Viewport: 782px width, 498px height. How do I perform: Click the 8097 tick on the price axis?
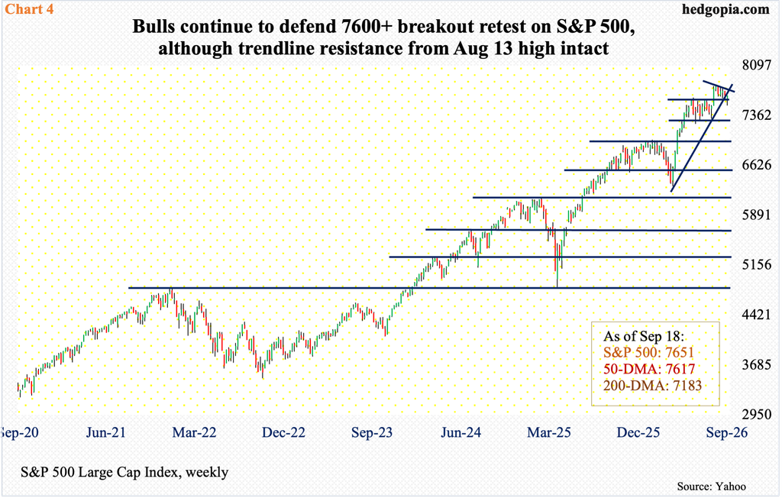757,66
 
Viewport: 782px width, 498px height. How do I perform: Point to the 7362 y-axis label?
757,115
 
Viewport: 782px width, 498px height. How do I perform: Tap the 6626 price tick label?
757,165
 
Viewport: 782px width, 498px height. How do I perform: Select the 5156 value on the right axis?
757,264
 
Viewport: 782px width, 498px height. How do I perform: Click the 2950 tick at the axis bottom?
757,414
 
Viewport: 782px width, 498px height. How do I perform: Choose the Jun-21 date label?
105,432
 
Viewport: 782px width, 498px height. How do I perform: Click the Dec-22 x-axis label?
283,432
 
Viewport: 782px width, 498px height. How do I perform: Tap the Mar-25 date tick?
548,432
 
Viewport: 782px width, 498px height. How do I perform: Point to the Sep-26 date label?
727,432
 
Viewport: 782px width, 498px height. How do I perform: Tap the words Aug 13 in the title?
479,48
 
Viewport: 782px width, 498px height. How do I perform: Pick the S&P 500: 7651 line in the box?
648,352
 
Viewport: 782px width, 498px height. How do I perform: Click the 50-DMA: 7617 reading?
649,369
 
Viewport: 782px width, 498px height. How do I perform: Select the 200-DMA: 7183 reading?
652,385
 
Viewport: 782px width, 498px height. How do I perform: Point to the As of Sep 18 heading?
644,336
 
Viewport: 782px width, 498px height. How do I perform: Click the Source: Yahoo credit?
711,486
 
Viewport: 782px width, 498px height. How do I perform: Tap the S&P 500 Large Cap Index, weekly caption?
124,471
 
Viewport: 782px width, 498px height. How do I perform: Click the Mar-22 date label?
195,432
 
